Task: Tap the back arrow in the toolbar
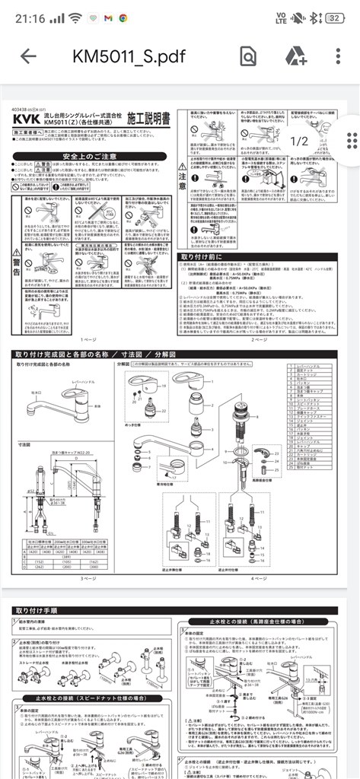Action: click(28, 57)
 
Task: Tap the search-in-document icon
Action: click(248, 57)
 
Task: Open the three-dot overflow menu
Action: click(338, 57)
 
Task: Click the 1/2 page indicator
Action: click(299, 141)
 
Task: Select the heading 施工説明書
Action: click(145, 119)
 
